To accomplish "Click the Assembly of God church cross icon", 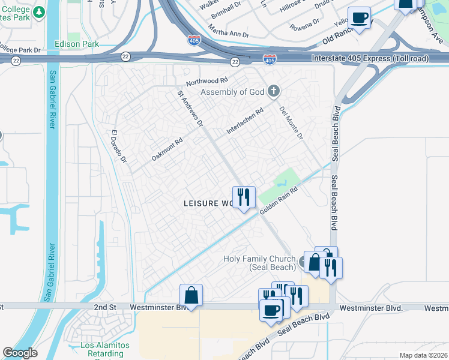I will [274, 91].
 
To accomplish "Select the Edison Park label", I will [76, 44].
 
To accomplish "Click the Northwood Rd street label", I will [207, 80].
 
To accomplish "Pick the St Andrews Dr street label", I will [190, 109].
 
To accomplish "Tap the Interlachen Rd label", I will [245, 121].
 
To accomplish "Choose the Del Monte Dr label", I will [291, 123].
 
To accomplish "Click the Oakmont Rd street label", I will [167, 149].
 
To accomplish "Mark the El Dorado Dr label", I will [119, 147].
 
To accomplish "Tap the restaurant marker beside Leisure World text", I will [244, 197].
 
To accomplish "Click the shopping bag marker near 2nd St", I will [191, 295].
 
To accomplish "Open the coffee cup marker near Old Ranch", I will [359, 18].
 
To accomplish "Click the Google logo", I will [20, 353].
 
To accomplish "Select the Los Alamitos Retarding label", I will [106, 349].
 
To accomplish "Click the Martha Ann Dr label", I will [228, 30].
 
